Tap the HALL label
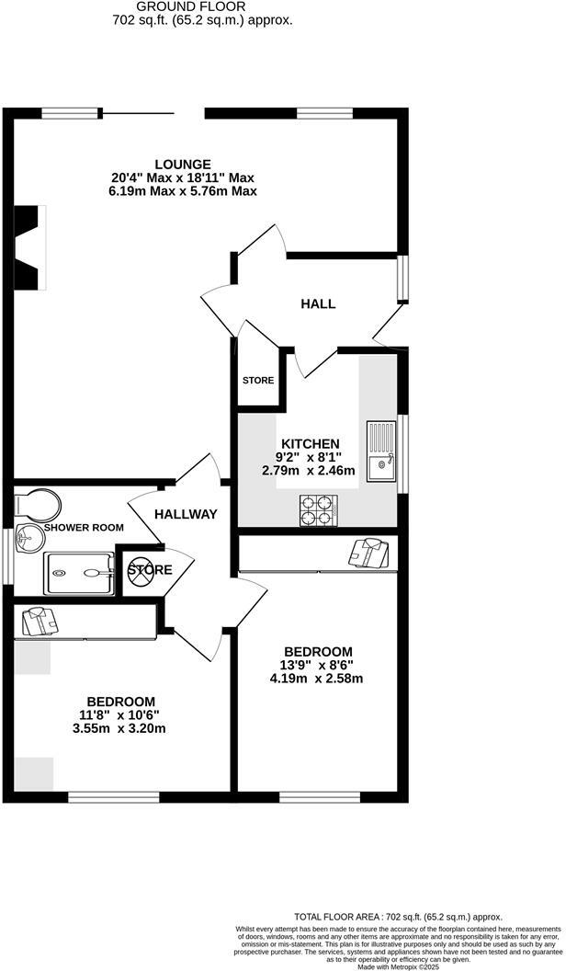318,303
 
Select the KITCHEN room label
310,443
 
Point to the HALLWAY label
186,514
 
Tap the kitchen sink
380,451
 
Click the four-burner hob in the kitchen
317,510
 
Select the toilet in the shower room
39,504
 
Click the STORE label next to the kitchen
258,380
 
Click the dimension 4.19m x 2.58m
322,680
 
